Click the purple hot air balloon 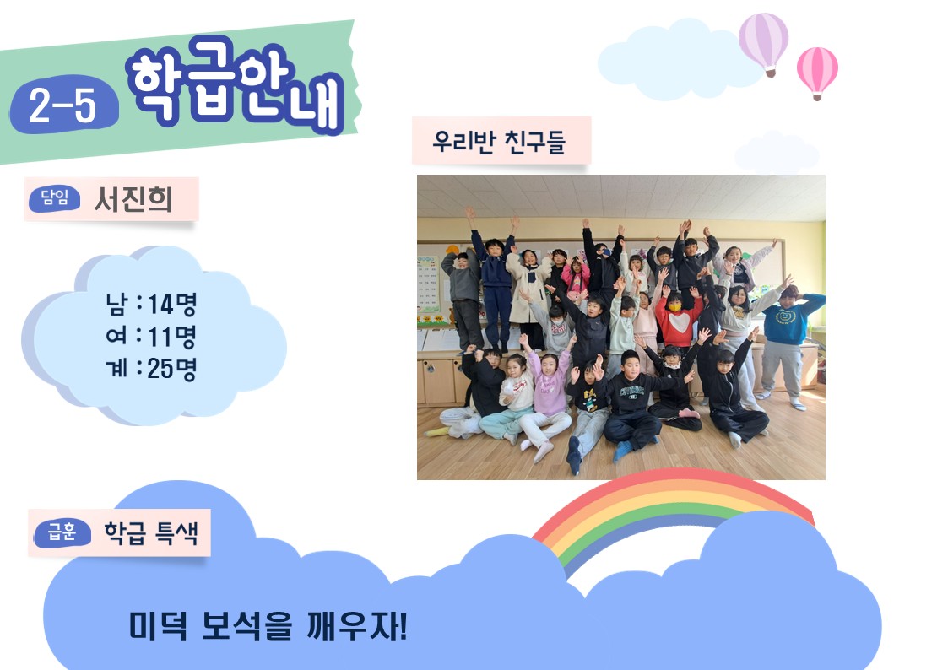[x=764, y=42]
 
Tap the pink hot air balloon [x=817, y=71]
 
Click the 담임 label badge [x=54, y=198]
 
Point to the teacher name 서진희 [x=133, y=199]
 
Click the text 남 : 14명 [x=151, y=304]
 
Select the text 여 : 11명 [x=151, y=336]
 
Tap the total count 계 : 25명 [x=151, y=368]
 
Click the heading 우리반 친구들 [x=499, y=142]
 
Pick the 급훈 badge [x=62, y=532]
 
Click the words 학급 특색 [x=151, y=532]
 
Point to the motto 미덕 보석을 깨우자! [x=268, y=626]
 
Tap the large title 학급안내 [x=236, y=84]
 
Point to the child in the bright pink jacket [x=576, y=276]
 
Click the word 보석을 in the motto [x=246, y=626]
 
